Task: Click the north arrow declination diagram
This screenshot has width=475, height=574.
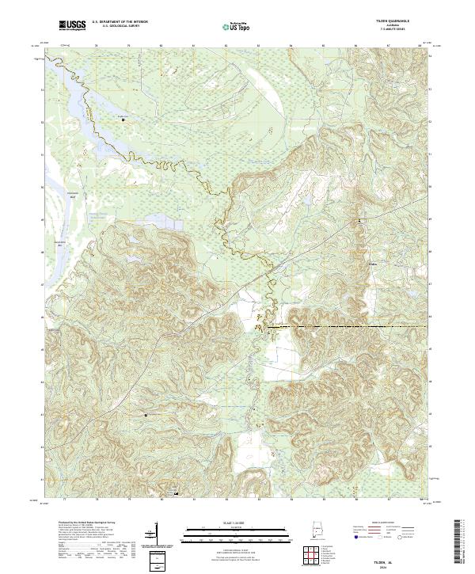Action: click(x=155, y=538)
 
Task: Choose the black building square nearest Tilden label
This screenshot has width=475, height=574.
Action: click(x=363, y=219)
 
